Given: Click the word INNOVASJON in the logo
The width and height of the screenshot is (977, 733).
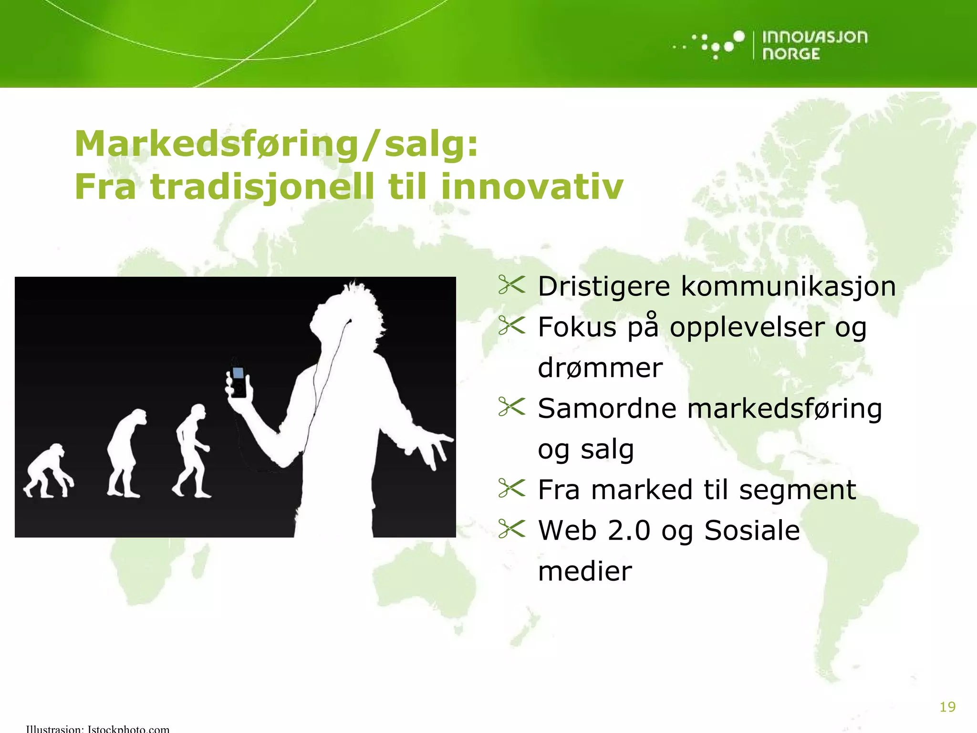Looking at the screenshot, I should [x=814, y=37].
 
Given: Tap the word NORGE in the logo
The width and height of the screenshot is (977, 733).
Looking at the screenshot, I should [x=791, y=54].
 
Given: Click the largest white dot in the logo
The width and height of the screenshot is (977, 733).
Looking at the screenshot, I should [x=738, y=37].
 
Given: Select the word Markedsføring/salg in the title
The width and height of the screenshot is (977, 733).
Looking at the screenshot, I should [x=276, y=144].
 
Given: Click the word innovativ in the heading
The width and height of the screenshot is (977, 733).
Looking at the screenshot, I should [x=532, y=187].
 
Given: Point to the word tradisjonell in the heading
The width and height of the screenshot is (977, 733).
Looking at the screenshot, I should [x=262, y=187].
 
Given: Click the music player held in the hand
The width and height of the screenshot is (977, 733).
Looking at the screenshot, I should [x=238, y=381].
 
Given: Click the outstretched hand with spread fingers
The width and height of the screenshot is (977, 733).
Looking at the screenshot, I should [x=432, y=446].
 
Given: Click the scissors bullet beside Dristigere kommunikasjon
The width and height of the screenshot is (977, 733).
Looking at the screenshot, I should [x=511, y=285].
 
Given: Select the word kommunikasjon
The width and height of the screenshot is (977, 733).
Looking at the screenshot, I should [x=788, y=287].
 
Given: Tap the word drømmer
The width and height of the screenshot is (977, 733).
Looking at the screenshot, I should [x=600, y=368].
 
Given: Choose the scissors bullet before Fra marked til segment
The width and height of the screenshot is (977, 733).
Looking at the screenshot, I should [x=511, y=488].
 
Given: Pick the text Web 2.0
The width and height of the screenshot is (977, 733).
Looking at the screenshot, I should [x=594, y=531].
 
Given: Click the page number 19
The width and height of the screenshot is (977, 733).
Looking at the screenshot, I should [x=947, y=707].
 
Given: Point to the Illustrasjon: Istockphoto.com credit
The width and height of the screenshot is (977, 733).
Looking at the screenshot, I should [x=98, y=728].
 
